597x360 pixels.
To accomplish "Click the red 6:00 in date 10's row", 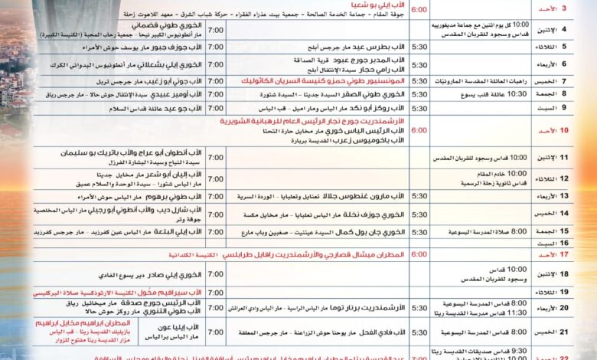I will pos(419,131).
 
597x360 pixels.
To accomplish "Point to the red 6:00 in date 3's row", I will pos(419,11).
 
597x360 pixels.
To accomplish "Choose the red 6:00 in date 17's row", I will pos(419,254).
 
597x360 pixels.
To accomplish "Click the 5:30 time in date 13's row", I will pos(419,196).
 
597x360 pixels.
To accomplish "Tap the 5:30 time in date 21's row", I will pos(419,332).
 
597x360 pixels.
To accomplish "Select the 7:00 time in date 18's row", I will pos(216,273).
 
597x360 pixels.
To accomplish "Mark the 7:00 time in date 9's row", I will pos(216,108).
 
